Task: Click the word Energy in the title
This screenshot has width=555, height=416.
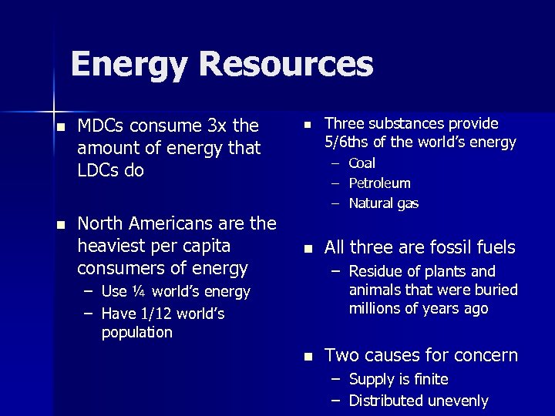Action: point(128,64)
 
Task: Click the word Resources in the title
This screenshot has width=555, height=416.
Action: point(286,64)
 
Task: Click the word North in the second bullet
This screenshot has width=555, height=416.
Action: point(102,223)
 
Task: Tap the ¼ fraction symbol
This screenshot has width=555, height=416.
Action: point(139,292)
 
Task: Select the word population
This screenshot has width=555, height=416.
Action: point(137,332)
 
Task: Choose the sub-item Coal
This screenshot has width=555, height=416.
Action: point(362,163)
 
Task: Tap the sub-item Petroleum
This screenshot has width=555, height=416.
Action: point(380,183)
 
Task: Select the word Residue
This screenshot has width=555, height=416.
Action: point(375,271)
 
